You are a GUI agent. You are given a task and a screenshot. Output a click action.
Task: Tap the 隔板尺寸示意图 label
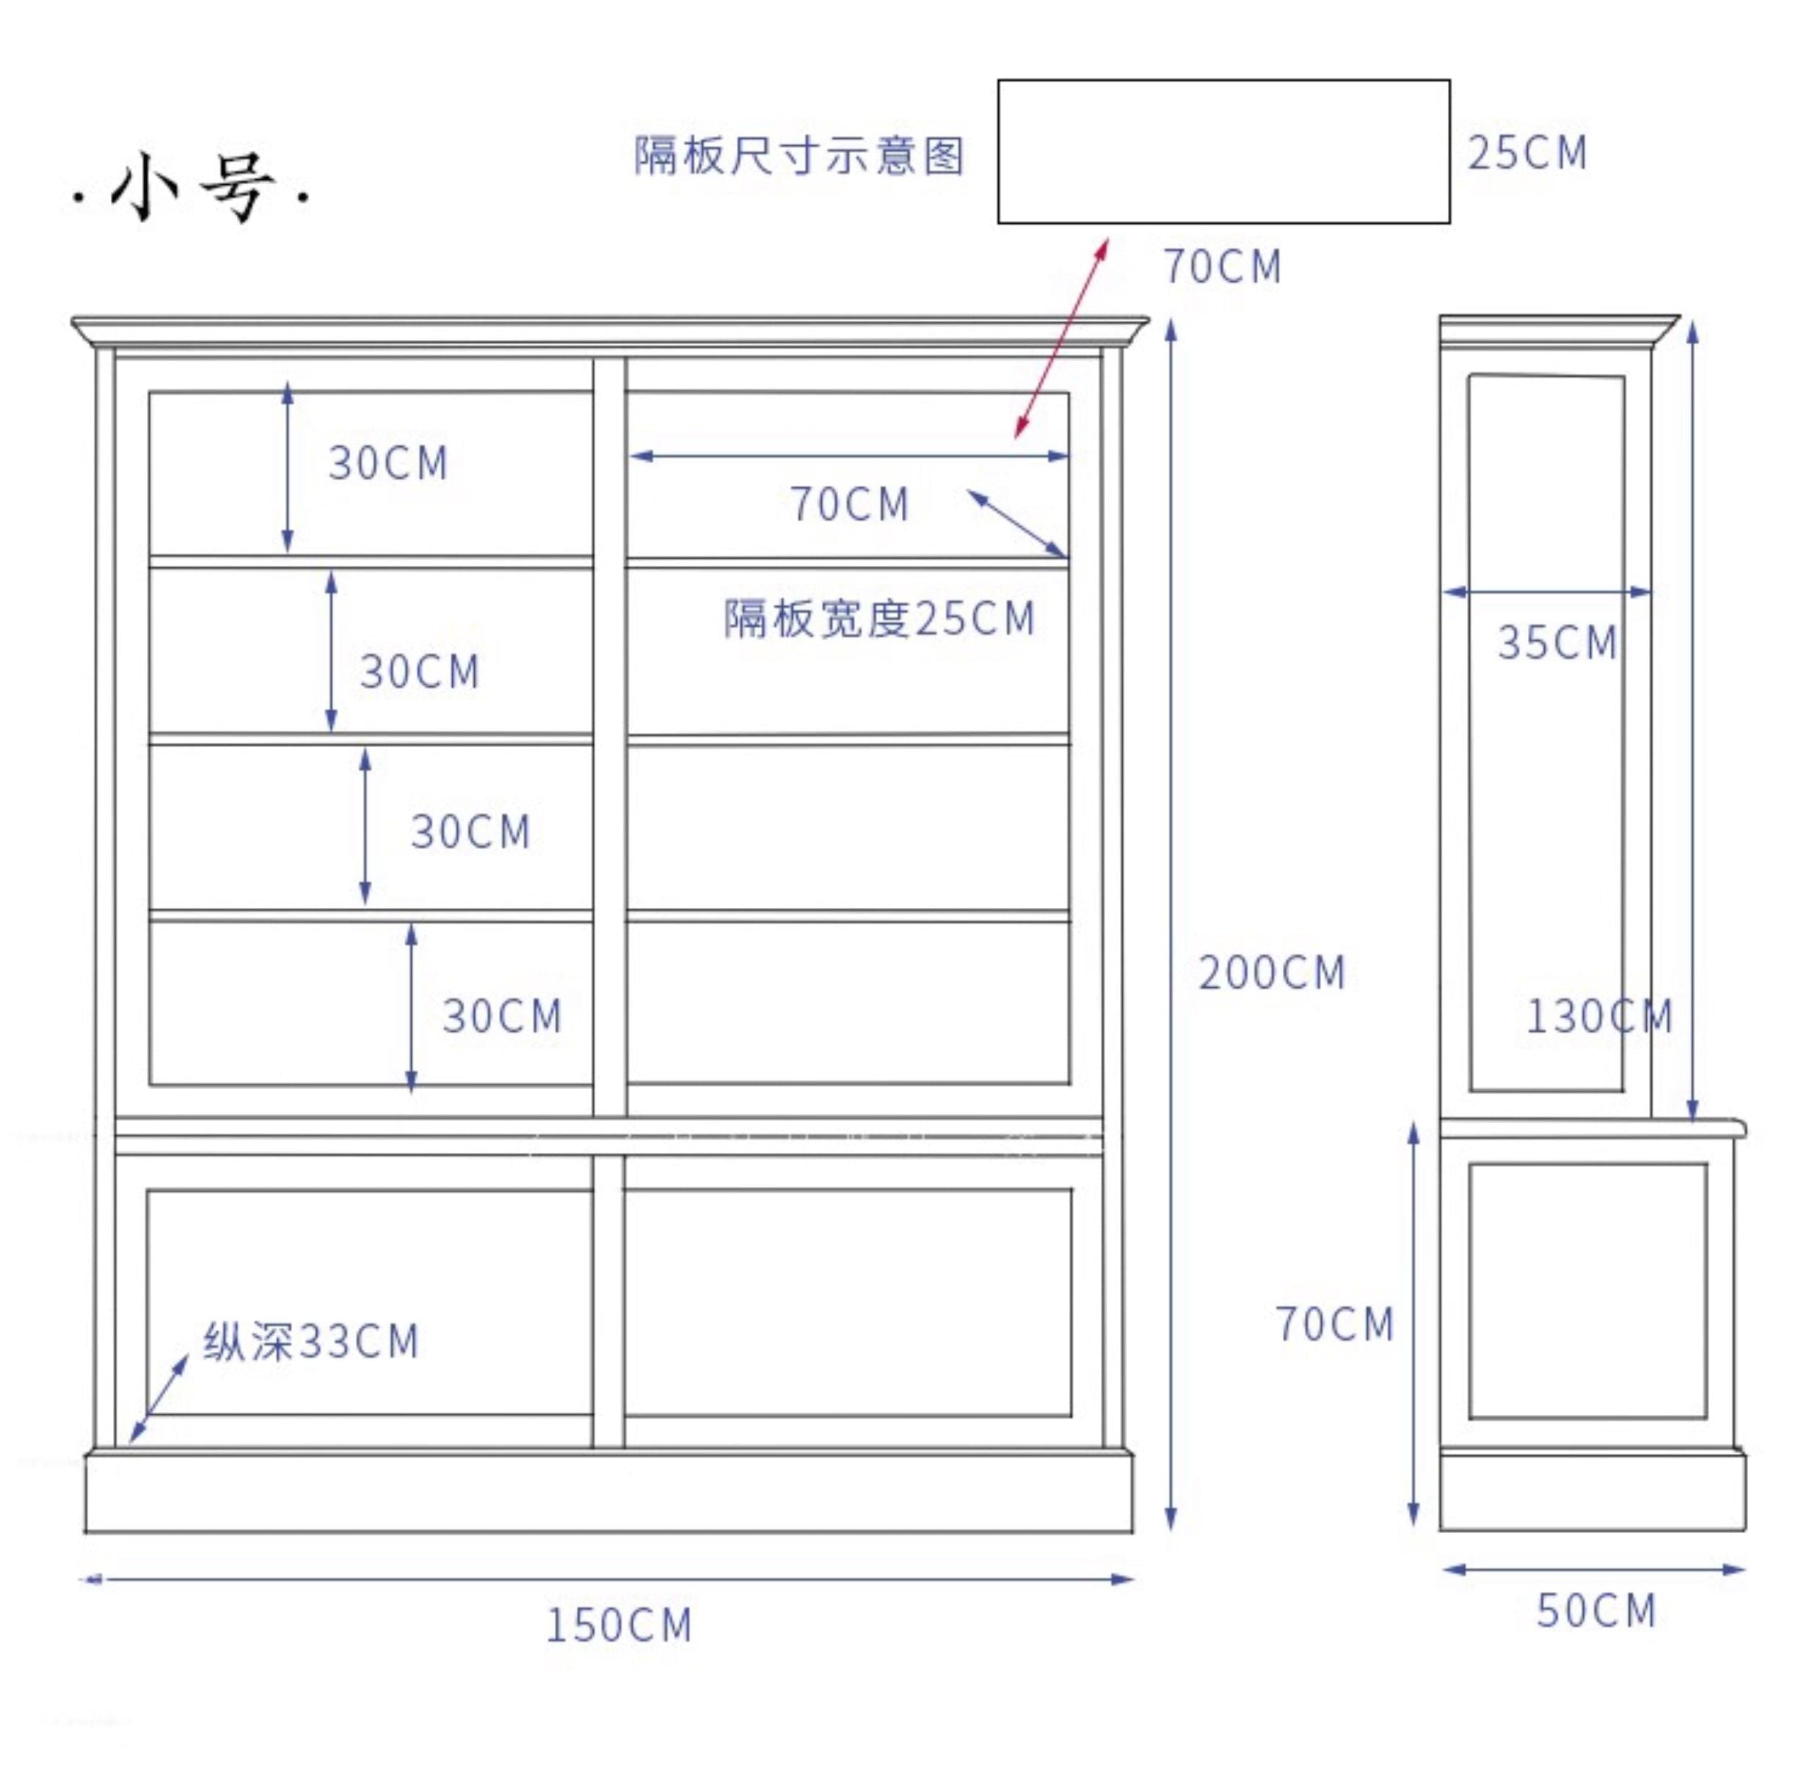click(798, 155)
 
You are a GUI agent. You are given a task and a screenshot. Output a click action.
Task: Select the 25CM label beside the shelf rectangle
click(1526, 153)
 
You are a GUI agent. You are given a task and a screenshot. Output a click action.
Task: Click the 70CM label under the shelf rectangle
click(1222, 266)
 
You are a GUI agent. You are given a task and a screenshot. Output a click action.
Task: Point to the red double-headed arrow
click(1060, 339)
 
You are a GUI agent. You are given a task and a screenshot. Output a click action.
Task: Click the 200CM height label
click(1271, 973)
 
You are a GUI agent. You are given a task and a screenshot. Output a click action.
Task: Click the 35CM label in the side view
click(1557, 643)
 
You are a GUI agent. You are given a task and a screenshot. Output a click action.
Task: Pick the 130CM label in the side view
click(1598, 1016)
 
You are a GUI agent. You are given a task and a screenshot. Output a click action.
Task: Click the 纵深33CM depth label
click(311, 1342)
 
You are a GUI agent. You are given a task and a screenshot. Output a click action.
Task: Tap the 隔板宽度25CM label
click(879, 619)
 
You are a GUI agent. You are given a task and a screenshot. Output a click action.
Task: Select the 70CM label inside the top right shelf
click(849, 504)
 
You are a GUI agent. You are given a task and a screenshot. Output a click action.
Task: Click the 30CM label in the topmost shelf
click(387, 462)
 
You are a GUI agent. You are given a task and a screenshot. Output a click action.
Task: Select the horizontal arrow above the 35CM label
click(1546, 592)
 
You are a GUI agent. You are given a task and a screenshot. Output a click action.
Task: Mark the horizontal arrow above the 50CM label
click(1593, 1569)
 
